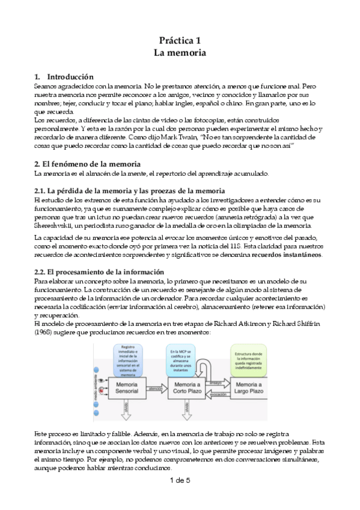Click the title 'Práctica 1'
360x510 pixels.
[x=180, y=40]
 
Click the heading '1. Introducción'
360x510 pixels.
[x=64, y=77]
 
